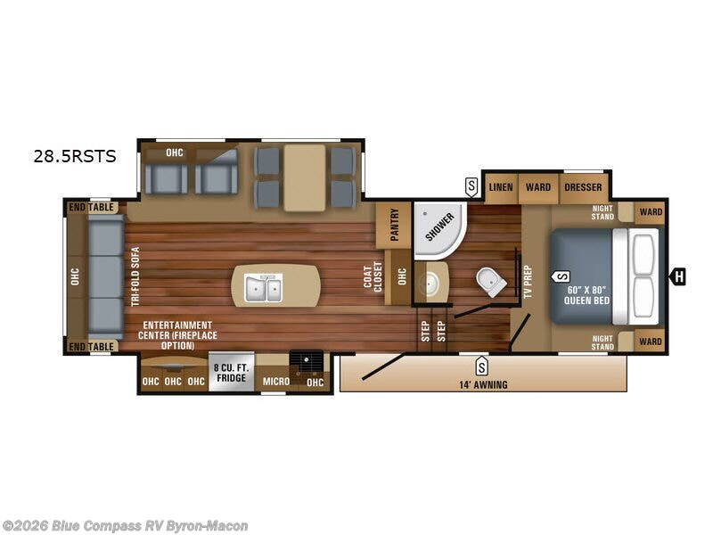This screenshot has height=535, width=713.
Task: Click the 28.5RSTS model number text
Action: click(75, 156)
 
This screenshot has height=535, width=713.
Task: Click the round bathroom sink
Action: click(434, 282)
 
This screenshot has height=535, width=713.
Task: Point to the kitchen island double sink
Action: click(264, 287)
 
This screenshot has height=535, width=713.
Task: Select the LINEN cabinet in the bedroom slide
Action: click(502, 188)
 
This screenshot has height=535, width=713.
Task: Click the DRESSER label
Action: click(584, 188)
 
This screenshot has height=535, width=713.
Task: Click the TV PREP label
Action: click(528, 282)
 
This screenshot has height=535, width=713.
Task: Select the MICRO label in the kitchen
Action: click(275, 383)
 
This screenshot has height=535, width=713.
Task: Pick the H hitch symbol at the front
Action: click(679, 276)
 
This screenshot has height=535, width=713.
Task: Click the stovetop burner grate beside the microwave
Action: click(307, 359)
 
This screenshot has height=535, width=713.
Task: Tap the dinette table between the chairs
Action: click(305, 177)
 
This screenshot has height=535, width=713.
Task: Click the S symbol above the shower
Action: click(471, 186)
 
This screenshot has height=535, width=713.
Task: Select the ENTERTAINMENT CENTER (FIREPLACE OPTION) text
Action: click(176, 334)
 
